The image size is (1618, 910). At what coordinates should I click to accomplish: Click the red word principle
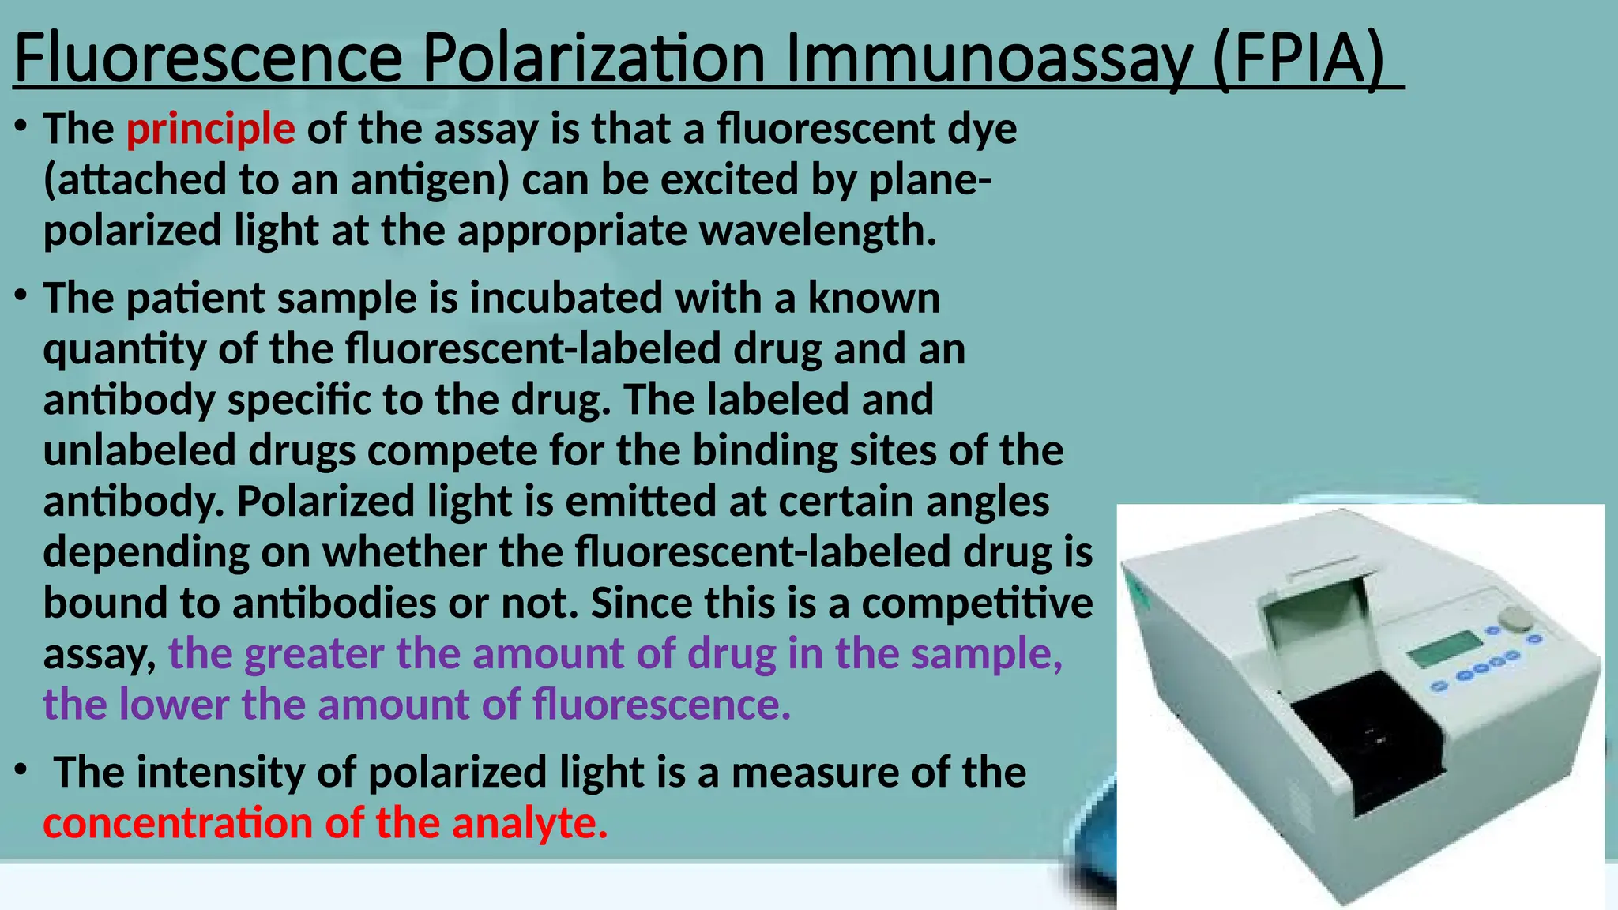210,129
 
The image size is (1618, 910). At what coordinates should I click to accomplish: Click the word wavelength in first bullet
818,231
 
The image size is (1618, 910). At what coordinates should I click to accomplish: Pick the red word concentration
178,823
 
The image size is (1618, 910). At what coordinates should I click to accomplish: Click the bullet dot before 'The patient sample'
21,296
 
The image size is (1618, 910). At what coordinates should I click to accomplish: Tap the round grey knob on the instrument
1515,619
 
